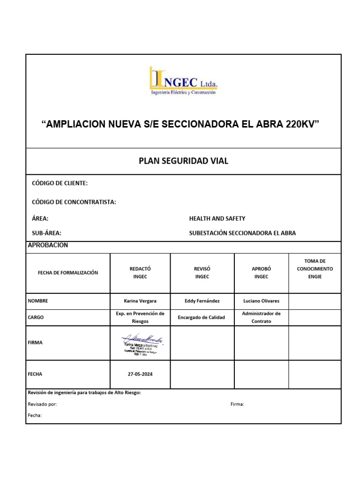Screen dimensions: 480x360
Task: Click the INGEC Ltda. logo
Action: [x=183, y=81]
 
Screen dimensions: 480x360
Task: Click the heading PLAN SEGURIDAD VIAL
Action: [x=183, y=161]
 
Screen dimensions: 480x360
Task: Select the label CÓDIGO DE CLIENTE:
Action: [x=60, y=183]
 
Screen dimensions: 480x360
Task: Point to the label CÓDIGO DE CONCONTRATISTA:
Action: [x=74, y=202]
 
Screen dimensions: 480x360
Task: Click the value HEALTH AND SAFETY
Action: [x=217, y=218]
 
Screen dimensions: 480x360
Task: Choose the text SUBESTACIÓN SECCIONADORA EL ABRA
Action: [x=242, y=233]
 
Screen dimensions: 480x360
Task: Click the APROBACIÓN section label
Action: [x=48, y=245]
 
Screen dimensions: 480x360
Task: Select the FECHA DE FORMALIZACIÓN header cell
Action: [x=68, y=273]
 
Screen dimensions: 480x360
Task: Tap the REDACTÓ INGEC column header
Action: [x=140, y=273]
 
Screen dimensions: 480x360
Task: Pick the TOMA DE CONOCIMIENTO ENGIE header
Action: [x=315, y=269]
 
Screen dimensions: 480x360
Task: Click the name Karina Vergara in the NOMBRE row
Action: [x=140, y=301]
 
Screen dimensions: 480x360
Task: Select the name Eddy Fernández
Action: [x=202, y=301]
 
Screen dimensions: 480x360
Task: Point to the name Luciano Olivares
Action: [x=261, y=301]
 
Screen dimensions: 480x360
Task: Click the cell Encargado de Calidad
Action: [x=202, y=317]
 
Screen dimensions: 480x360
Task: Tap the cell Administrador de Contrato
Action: [x=261, y=317]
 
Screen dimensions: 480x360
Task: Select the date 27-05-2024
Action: [x=140, y=375]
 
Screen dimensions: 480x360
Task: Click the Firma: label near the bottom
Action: [x=237, y=404]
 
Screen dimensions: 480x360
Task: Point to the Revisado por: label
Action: [x=43, y=404]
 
